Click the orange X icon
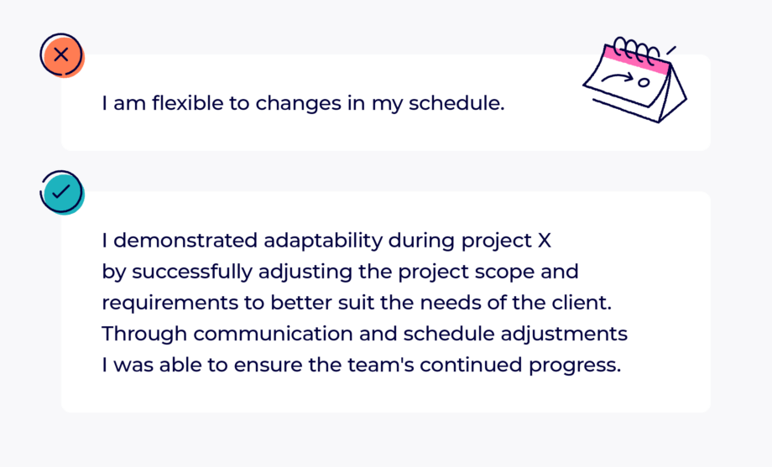[x=62, y=55]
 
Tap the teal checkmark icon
[x=62, y=192]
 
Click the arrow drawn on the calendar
[x=618, y=78]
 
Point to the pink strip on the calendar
[x=637, y=59]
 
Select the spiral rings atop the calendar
[x=637, y=49]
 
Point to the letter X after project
[x=544, y=241]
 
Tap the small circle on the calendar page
[x=644, y=82]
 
